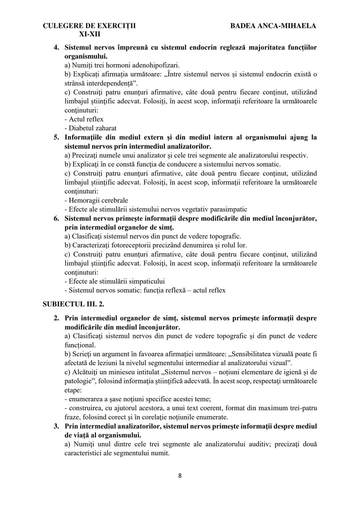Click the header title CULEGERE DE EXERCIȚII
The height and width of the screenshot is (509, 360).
tap(89, 26)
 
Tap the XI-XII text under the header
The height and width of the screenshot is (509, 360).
tap(89, 34)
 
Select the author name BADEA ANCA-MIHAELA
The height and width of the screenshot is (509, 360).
tap(273, 26)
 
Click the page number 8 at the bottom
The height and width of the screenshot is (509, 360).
tap(180, 476)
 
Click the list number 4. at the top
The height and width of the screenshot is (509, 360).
tap(57, 47)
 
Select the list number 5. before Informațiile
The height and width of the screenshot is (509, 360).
tap(57, 137)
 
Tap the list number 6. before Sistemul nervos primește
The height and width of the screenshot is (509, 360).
tap(57, 218)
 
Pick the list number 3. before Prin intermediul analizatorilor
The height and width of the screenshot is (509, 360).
tap(57, 426)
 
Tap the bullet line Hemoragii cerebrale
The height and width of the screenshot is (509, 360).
tap(96, 200)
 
